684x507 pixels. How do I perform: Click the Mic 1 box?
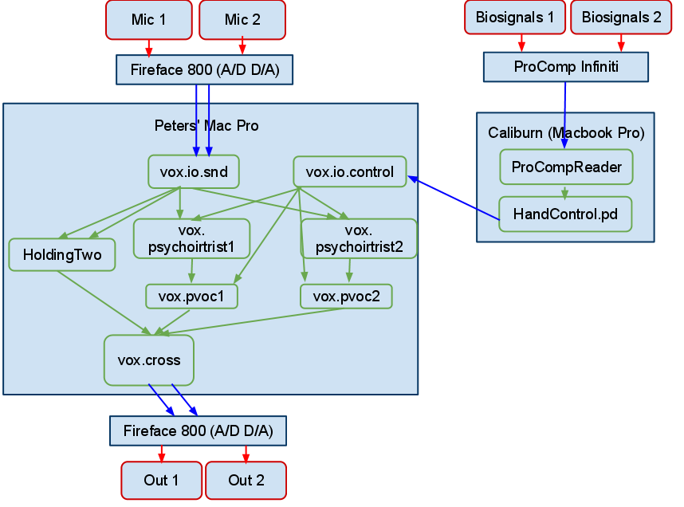148,20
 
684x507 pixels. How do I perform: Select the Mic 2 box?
242,20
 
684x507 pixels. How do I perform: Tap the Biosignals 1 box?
520,18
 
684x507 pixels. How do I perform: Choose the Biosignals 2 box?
621,18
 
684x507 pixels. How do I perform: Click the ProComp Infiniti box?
566,67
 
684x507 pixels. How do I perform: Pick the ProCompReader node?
566,167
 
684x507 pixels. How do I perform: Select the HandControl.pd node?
566,214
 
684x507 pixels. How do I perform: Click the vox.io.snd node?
194,171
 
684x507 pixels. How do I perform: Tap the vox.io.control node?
349,171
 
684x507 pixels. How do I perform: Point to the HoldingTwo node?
61,255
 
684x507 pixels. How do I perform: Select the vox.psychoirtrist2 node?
359,238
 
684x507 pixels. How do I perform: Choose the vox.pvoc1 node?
191,297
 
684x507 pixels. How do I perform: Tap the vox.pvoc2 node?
346,297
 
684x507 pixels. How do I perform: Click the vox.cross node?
149,360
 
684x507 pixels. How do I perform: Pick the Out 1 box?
161,480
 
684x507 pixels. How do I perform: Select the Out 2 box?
246,480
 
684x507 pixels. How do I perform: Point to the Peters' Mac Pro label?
206,126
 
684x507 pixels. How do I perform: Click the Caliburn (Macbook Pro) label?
566,132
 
